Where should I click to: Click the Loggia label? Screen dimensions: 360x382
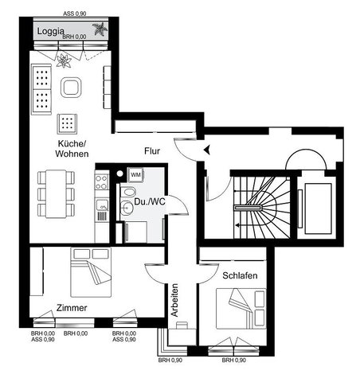tap(50, 31)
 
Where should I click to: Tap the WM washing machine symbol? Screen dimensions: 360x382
tap(135, 174)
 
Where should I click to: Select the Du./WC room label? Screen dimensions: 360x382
tap(150, 201)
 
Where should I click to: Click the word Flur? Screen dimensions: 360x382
tap(152, 151)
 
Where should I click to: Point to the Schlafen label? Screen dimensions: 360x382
tap(240, 275)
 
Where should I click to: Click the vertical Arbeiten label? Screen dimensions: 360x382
tap(174, 300)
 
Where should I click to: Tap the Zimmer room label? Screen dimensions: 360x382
tap(72, 308)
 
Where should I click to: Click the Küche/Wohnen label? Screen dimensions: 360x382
tap(72, 149)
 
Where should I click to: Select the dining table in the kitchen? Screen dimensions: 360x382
tap(56, 194)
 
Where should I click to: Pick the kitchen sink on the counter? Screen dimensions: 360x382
tap(102, 205)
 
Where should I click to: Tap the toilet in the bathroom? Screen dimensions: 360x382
tap(128, 192)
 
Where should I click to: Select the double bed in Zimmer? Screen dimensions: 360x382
tap(91, 272)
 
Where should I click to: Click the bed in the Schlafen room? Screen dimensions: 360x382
tap(241, 309)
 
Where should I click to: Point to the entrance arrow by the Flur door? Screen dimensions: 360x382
tap(207, 150)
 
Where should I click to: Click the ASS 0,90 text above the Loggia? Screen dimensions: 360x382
tap(75, 14)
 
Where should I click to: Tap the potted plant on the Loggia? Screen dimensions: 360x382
tap(100, 29)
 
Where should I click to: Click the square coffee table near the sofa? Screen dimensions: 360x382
tap(71, 88)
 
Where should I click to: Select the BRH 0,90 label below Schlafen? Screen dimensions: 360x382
tap(234, 361)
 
